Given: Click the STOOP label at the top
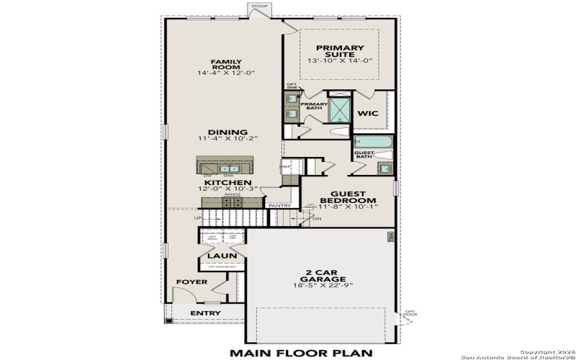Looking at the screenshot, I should pos(259,6).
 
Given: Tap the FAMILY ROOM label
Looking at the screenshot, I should pos(225,66).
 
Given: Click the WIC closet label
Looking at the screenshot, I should pos(368,113).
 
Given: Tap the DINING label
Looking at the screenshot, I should pos(228,132).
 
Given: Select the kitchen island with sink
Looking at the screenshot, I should pos(228,167).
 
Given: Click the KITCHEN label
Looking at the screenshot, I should pos(228,183).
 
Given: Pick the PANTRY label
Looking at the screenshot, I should pos(279,206).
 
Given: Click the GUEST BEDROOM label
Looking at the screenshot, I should pos(348,197).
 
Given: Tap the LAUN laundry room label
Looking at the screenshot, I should pos(218,256).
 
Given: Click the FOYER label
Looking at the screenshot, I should pos(192,282).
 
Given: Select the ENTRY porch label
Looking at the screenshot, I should pos(205,313).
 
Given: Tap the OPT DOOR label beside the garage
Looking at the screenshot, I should pos(410,313).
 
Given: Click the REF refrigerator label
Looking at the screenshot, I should pos(286,166).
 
